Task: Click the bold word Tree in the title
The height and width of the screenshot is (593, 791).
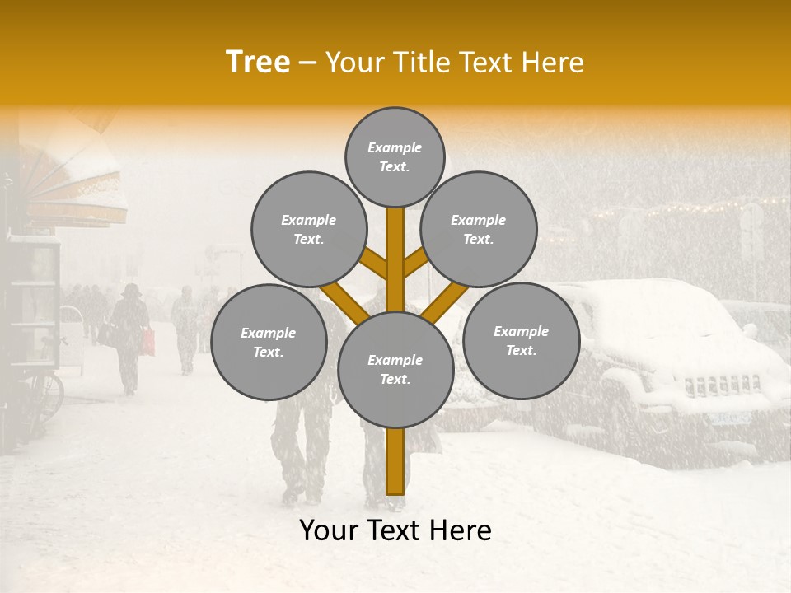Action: [x=258, y=62]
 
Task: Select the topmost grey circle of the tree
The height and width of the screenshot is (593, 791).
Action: [x=395, y=156]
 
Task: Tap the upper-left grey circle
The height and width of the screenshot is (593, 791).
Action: [x=308, y=229]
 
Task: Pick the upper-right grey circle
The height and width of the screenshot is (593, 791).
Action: [x=479, y=229]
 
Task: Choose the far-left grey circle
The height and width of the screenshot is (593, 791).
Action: [x=268, y=342]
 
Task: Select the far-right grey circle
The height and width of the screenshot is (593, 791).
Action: [x=521, y=340]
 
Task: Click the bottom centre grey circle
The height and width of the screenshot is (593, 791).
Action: [x=395, y=369]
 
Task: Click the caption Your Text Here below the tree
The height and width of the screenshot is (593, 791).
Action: [x=395, y=530]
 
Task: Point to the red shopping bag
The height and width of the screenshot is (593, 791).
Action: [x=147, y=342]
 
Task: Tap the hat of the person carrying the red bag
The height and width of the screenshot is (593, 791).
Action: [x=131, y=290]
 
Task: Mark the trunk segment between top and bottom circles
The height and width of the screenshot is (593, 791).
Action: [x=395, y=259]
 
